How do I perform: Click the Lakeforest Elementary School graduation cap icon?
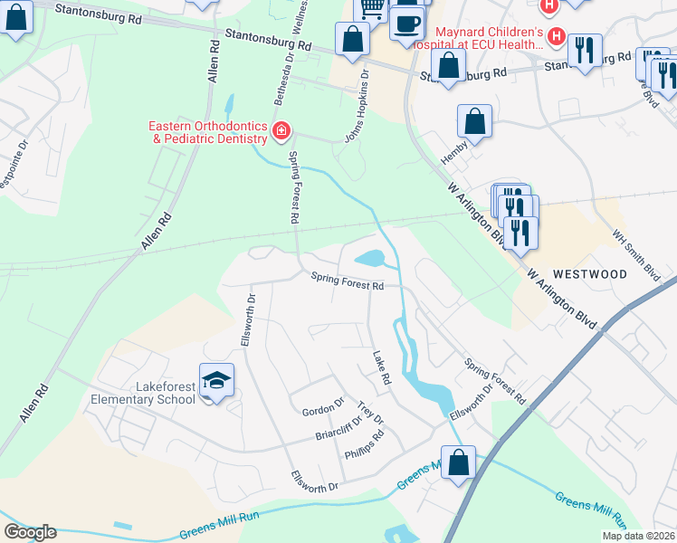pyautogui.click(x=217, y=381)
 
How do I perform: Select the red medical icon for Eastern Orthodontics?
pyautogui.click(x=281, y=132)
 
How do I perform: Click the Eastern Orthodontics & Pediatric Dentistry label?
pyautogui.click(x=210, y=132)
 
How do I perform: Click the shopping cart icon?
pyautogui.click(x=370, y=9)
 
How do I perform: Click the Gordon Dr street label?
pyautogui.click(x=323, y=405)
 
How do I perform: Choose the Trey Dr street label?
pyautogui.click(x=371, y=414)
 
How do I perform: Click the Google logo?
pyautogui.click(x=30, y=532)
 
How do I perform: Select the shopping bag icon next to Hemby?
pyautogui.click(x=474, y=121)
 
